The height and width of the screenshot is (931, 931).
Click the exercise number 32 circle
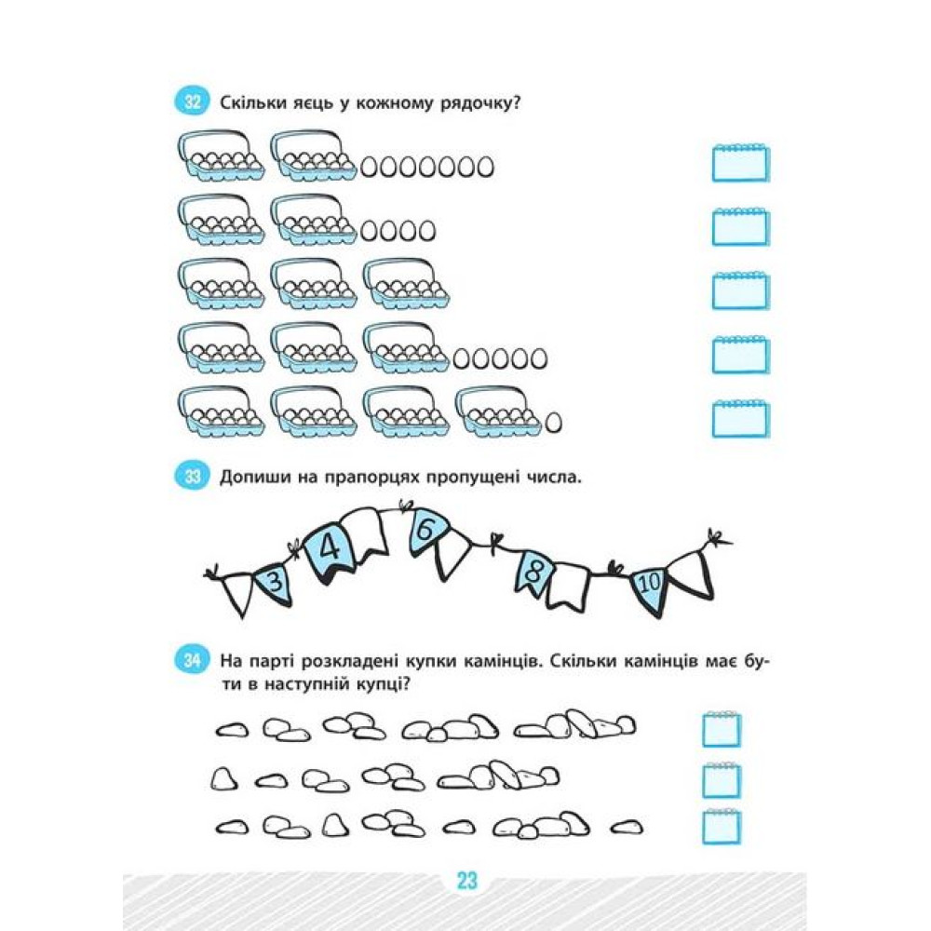(192, 102)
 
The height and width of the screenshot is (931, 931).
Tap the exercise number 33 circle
(192, 476)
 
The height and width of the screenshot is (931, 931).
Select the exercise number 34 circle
(192, 660)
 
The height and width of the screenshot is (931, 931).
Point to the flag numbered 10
(648, 588)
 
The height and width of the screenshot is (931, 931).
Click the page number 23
(467, 881)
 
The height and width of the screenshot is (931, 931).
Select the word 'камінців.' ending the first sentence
(504, 661)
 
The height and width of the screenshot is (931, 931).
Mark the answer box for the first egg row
(740, 163)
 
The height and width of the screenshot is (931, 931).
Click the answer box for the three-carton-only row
(740, 290)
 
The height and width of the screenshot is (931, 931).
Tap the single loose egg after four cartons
(553, 422)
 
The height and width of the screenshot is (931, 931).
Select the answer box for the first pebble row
(722, 729)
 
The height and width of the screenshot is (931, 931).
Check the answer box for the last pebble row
(722, 826)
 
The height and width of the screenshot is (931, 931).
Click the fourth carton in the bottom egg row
(499, 412)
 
